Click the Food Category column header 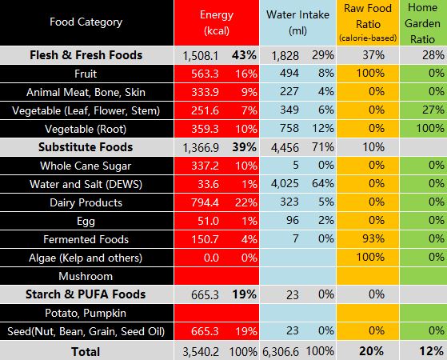pyautogui.click(x=86, y=22)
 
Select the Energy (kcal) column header pyautogui.click(x=217, y=22)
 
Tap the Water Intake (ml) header pyautogui.click(x=298, y=22)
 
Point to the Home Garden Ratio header pyautogui.click(x=422, y=23)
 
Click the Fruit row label pyautogui.click(x=86, y=74)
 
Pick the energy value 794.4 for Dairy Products pyautogui.click(x=205, y=202)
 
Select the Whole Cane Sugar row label pyautogui.click(x=86, y=166)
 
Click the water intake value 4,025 pyautogui.click(x=285, y=184)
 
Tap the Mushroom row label pyautogui.click(x=86, y=276)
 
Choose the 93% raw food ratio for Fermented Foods pyautogui.click(x=373, y=238)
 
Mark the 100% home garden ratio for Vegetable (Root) pyautogui.click(x=430, y=128)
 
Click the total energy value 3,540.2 pyautogui.click(x=201, y=352)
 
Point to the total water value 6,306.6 pyautogui.click(x=281, y=352)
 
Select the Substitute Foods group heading pyautogui.click(x=86, y=147)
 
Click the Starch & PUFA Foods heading pyautogui.click(x=86, y=294)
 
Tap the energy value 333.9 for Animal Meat pyautogui.click(x=205, y=92)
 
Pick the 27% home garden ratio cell pyautogui.click(x=433, y=110)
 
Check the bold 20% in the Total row pyautogui.click(x=372, y=351)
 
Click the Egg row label pyautogui.click(x=86, y=222)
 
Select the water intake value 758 pyautogui.click(x=289, y=128)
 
